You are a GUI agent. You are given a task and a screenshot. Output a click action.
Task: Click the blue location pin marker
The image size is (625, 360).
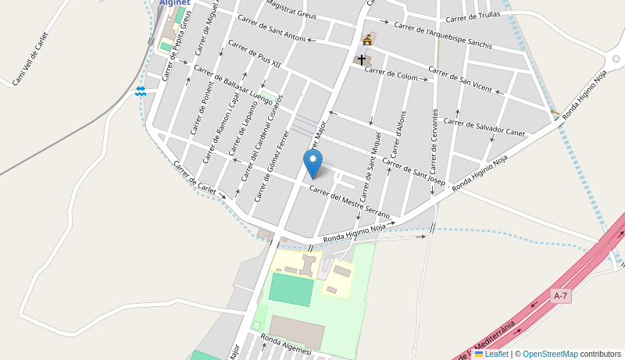(x=312, y=163)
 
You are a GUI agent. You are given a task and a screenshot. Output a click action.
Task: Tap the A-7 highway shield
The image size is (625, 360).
(x=560, y=296)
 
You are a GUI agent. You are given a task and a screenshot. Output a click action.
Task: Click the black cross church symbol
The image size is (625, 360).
(x=361, y=59)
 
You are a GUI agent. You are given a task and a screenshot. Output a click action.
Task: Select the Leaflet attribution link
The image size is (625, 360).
(x=496, y=354)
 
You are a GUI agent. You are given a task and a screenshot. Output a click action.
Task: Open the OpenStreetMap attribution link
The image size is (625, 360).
(x=550, y=354)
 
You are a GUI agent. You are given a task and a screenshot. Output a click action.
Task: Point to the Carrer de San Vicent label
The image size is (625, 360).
(x=460, y=79)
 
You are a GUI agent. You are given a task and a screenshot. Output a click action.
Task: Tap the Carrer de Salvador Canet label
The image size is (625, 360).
(x=484, y=127)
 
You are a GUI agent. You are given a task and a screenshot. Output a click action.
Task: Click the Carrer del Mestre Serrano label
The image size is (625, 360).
(x=349, y=201)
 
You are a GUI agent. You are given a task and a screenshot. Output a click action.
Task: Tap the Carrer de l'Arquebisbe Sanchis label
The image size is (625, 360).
(x=443, y=35)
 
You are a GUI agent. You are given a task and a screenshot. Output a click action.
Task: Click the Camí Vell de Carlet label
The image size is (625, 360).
(x=30, y=59)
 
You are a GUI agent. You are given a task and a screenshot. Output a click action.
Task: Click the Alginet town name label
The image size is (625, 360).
(x=175, y=3)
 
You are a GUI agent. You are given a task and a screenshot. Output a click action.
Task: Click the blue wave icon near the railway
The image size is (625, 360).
(x=141, y=91)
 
